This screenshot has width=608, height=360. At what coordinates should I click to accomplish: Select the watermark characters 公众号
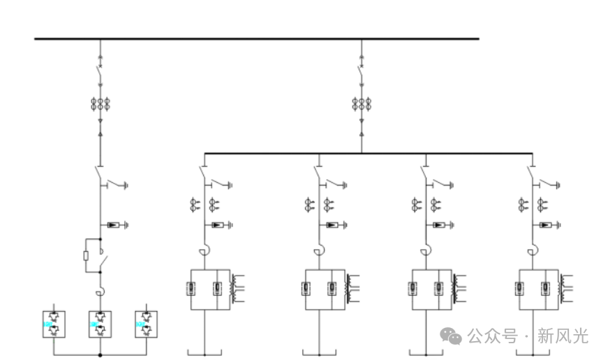coord(492,336)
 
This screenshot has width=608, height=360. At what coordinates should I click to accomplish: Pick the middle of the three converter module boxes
coord(100,324)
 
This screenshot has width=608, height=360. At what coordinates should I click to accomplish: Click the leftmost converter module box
coord(54,324)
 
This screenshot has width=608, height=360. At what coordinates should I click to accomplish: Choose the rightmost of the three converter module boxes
coord(146,324)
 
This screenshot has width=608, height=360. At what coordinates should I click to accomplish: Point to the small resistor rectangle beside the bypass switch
coord(85,255)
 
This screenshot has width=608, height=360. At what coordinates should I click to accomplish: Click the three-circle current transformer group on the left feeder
coord(100,105)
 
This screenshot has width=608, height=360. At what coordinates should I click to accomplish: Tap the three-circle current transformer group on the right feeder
coord(361,105)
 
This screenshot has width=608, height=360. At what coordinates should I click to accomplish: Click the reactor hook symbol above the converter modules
coord(100,292)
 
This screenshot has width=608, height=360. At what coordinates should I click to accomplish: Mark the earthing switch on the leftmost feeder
coord(115,185)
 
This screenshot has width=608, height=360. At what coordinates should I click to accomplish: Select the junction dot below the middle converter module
coord(100,355)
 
